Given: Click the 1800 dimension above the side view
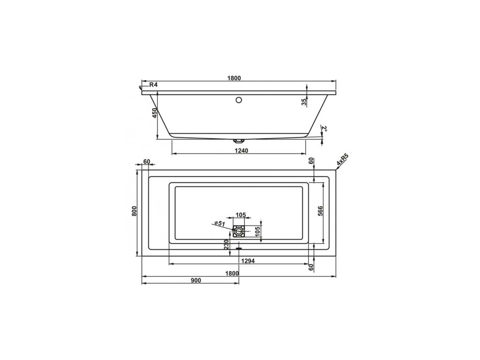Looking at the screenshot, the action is [x=234, y=78].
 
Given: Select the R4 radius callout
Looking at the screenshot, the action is [x=153, y=85].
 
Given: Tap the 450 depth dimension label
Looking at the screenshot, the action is [x=154, y=113].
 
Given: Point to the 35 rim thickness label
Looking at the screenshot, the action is [x=304, y=102].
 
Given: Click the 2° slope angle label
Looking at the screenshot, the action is [x=324, y=128].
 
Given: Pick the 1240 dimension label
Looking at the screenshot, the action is [x=241, y=150].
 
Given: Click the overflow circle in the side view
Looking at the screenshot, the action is [x=239, y=100].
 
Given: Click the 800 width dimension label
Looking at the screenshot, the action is [x=134, y=211].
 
